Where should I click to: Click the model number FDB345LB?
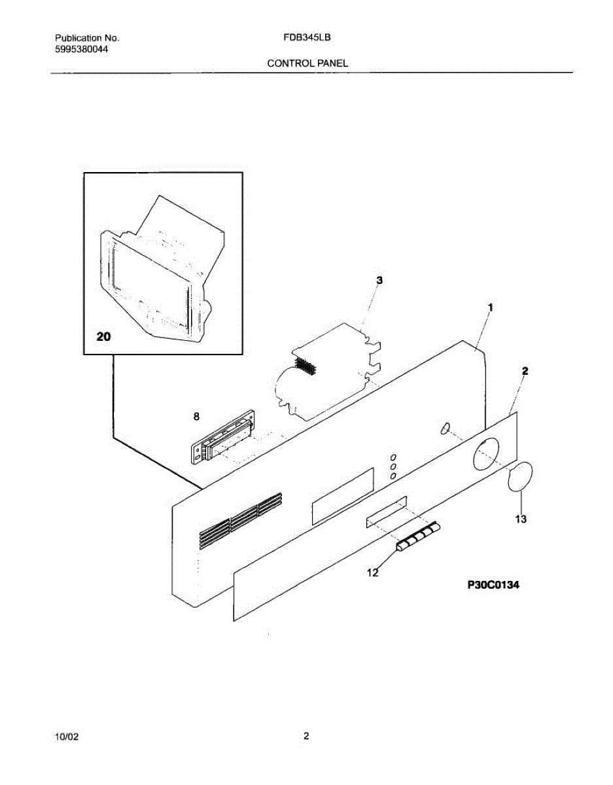(x=307, y=38)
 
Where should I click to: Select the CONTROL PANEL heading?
(x=307, y=63)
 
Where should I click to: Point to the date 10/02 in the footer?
(x=67, y=737)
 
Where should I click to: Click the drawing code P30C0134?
(x=493, y=585)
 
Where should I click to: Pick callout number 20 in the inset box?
(x=103, y=338)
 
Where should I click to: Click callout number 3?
(x=379, y=280)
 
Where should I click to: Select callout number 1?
(x=491, y=307)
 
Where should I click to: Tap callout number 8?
(x=197, y=416)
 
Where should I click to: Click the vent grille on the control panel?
(x=240, y=520)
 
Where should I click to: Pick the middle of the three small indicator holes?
(x=393, y=466)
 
